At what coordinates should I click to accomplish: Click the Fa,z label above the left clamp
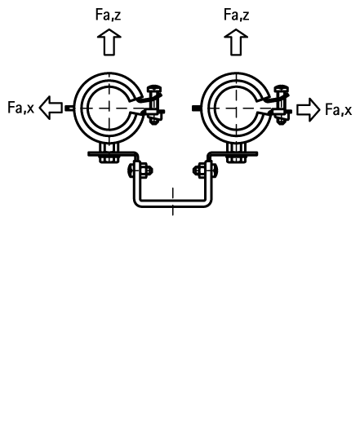[109, 15]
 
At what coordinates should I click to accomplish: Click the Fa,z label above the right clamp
[237, 15]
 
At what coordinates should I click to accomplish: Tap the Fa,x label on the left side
[20, 108]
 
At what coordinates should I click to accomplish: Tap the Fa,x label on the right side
[339, 109]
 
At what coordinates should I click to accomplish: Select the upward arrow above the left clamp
[109, 42]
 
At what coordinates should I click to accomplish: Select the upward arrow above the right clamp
[236, 42]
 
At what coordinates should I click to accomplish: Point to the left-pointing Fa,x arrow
[51, 108]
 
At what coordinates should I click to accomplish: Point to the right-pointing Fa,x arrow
[309, 110]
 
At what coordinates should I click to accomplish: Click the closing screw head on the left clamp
[154, 90]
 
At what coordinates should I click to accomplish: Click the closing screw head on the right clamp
[282, 90]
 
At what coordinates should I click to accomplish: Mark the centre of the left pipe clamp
[109, 108]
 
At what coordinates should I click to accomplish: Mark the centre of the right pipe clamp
[237, 108]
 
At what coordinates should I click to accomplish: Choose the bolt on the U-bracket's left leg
[140, 170]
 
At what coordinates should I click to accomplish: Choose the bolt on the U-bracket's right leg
[206, 170]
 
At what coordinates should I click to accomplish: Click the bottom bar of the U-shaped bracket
[173, 204]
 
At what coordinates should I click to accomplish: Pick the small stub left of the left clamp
[69, 108]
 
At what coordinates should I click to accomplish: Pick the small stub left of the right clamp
[197, 108]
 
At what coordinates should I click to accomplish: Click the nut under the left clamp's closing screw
[154, 120]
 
